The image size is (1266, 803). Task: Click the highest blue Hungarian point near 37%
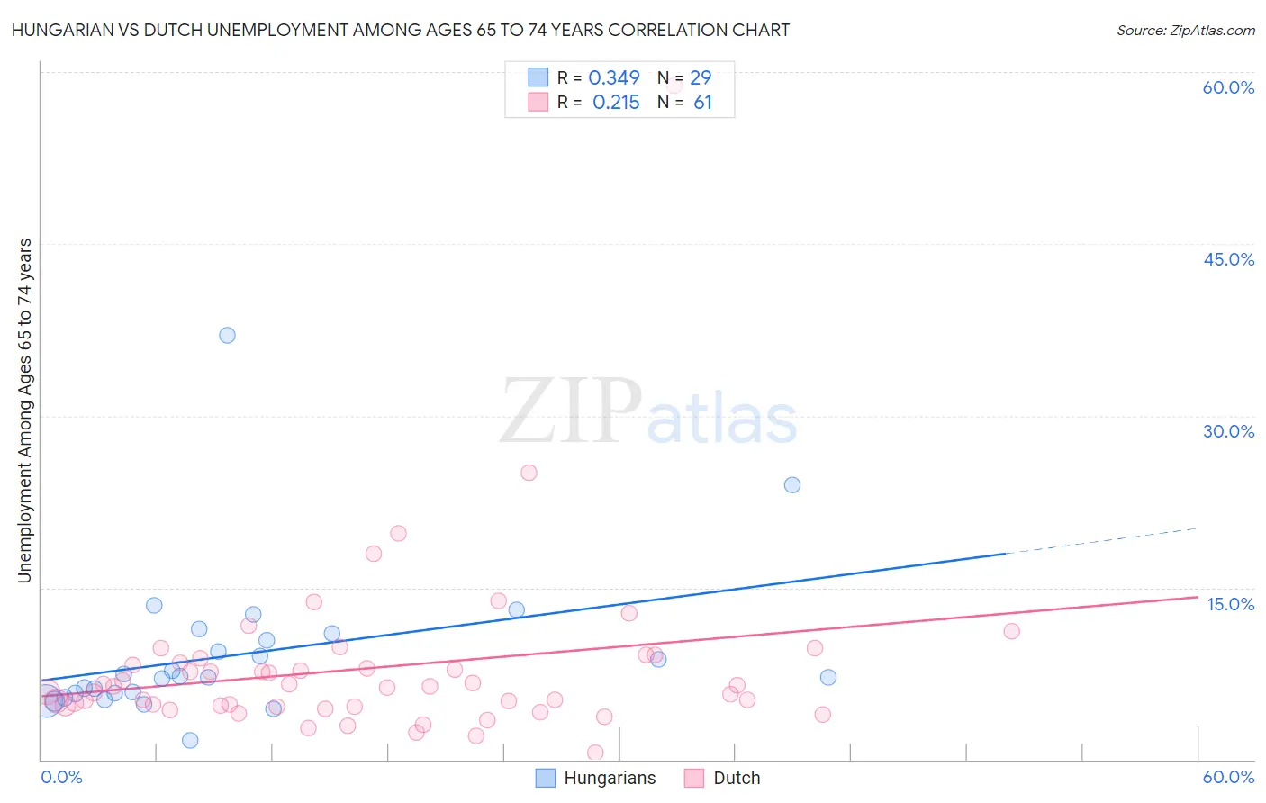(x=227, y=335)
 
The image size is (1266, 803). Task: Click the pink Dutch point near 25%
(x=529, y=473)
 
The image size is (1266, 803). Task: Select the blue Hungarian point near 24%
(x=792, y=484)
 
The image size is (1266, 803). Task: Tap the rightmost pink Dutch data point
(x=1011, y=631)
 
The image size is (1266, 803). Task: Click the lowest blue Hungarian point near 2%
(x=190, y=740)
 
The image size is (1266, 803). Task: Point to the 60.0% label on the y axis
(x=1228, y=87)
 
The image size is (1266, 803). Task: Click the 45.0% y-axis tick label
(x=1228, y=259)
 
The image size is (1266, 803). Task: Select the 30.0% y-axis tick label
(x=1228, y=431)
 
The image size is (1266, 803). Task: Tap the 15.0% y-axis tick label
(x=1230, y=604)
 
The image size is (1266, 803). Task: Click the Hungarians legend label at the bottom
(x=610, y=779)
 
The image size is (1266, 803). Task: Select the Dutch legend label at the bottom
(x=737, y=779)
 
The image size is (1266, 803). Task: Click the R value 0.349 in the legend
(x=614, y=78)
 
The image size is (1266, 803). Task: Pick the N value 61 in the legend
(x=702, y=103)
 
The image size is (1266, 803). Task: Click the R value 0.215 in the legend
(x=616, y=103)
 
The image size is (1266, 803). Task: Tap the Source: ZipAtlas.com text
(x=1185, y=31)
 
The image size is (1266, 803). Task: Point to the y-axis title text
(x=25, y=411)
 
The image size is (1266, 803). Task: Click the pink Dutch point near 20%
(x=398, y=533)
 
